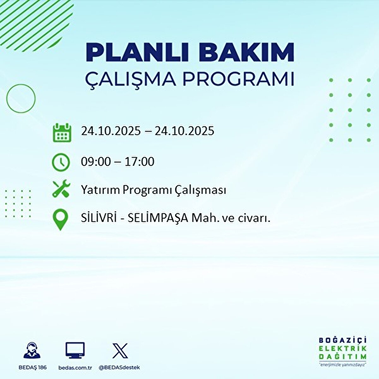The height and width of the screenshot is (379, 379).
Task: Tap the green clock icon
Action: click(61, 162)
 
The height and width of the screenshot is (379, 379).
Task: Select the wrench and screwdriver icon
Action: click(61, 189)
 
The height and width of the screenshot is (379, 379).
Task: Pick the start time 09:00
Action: click(96, 162)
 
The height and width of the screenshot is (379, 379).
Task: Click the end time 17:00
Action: click(139, 162)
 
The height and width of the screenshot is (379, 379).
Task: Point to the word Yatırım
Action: click(101, 190)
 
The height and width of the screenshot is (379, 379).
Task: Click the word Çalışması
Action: click(200, 190)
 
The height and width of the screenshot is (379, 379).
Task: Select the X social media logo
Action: click(120, 351)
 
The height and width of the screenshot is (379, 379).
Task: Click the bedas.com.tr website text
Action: click(75, 368)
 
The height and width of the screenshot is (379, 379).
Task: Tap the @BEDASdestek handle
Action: click(119, 368)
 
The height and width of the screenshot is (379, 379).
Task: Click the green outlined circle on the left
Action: click(21, 99)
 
